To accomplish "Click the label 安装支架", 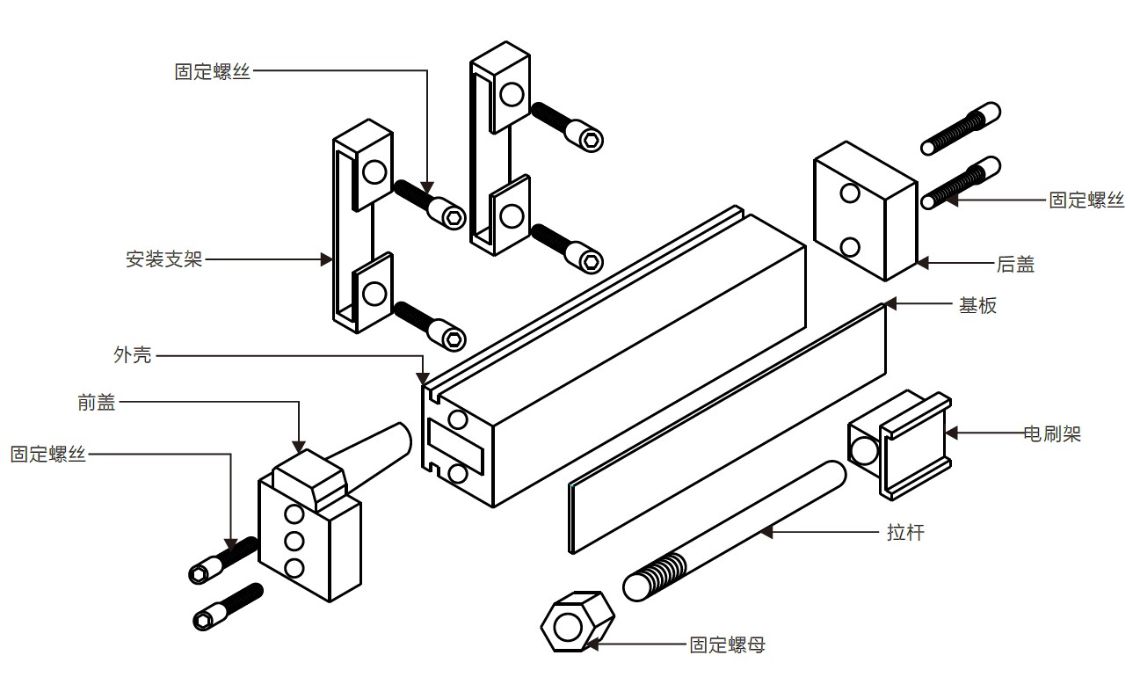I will tap(164, 259).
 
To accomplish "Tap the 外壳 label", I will tap(133, 355).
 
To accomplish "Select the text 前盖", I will tap(97, 403).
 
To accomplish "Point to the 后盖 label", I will tap(1015, 263).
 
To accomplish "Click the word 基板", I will tap(977, 305).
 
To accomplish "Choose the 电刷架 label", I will tap(1052, 433).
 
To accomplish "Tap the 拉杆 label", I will tap(905, 532).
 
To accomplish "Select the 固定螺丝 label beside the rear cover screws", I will tap(1086, 200).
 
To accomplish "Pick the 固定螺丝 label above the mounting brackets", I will tap(213, 71).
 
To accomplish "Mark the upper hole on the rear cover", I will tap(849, 193).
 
